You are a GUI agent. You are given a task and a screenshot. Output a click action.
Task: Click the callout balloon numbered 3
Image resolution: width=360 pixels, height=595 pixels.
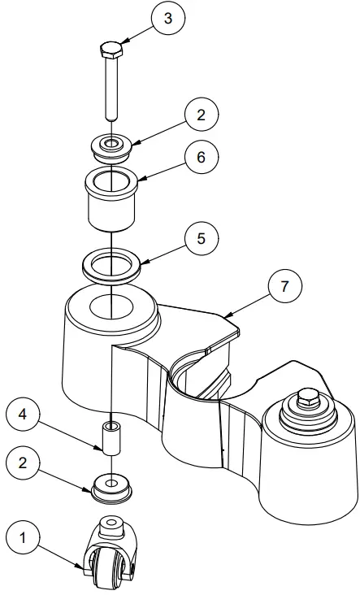point(167,20)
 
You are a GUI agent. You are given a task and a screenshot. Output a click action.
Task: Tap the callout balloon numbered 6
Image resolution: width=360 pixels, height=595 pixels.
point(200,157)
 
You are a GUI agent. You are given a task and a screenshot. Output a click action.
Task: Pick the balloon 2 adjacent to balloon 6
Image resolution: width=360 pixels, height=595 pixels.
point(200,115)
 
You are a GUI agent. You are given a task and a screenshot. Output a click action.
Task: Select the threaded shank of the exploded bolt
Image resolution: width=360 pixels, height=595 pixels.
point(110,89)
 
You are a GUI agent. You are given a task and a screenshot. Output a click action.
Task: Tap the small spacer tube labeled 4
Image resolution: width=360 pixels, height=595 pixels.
point(110,436)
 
